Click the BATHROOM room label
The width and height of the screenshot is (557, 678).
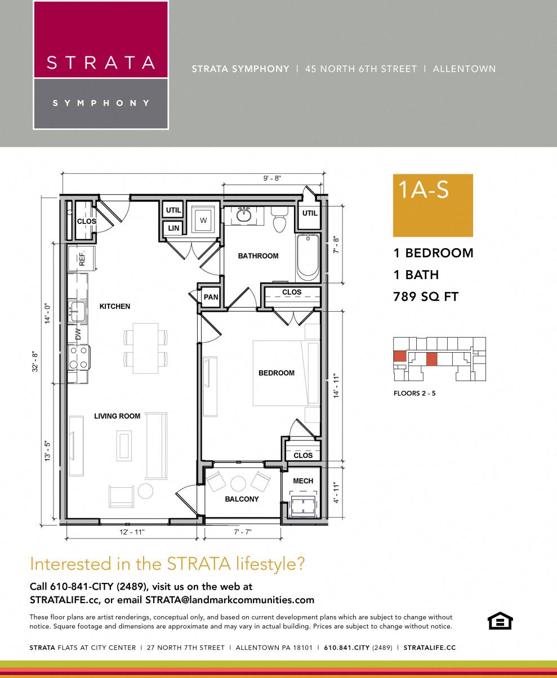[x=258, y=256]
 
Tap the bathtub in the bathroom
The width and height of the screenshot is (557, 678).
[x=308, y=257]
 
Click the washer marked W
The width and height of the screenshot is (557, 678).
[x=203, y=219]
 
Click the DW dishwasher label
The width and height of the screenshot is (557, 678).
[x=78, y=334]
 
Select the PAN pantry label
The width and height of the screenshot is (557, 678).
[x=211, y=297]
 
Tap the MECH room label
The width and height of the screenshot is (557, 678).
[x=303, y=481]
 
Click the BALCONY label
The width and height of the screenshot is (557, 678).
[x=242, y=499]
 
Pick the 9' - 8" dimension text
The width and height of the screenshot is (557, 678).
[x=272, y=178]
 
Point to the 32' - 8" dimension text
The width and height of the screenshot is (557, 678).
[x=35, y=362]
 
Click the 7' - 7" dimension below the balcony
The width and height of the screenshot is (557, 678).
[x=242, y=532]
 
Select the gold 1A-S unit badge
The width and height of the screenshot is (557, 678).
[x=433, y=205]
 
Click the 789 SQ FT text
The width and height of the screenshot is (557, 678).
[x=426, y=297]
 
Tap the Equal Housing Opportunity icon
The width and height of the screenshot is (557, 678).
[x=500, y=621]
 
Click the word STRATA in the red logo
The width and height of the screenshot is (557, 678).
[x=101, y=62]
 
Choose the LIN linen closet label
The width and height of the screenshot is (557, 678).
[x=173, y=228]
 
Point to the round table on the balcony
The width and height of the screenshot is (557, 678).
[x=238, y=483]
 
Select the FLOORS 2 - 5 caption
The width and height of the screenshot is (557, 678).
[x=415, y=393]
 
